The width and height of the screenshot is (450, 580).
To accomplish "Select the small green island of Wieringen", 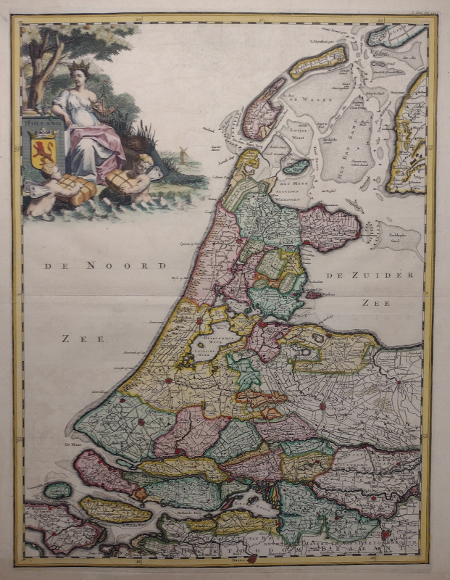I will pos(296,167).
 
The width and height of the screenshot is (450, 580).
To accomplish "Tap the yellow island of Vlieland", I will pos(319,62).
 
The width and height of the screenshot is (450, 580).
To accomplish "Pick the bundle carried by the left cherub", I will pos(77,190).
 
